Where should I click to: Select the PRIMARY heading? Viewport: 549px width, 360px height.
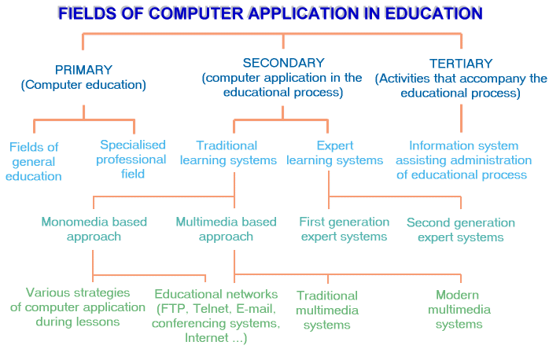[x=83, y=70]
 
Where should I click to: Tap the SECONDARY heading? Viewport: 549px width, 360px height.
[x=283, y=63]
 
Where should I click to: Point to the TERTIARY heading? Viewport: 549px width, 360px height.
[x=461, y=64]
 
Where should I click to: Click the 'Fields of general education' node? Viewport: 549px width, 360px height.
[x=34, y=161]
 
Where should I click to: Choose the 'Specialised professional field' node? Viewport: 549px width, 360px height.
[x=133, y=159]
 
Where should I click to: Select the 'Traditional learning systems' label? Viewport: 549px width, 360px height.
[x=227, y=152]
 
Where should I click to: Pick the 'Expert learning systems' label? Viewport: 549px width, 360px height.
[x=334, y=152]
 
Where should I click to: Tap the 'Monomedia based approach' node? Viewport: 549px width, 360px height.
[x=94, y=229]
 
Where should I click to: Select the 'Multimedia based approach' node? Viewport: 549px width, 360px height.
[x=226, y=229]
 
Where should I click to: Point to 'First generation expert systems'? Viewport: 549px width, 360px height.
[x=344, y=229]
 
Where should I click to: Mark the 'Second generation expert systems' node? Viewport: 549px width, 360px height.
[x=460, y=230]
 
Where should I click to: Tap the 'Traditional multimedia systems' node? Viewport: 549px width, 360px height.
[x=327, y=310]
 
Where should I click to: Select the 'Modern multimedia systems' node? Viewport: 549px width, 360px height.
[x=459, y=309]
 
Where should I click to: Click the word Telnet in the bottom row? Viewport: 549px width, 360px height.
[x=212, y=309]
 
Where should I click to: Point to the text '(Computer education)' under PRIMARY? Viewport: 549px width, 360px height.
[x=83, y=85]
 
